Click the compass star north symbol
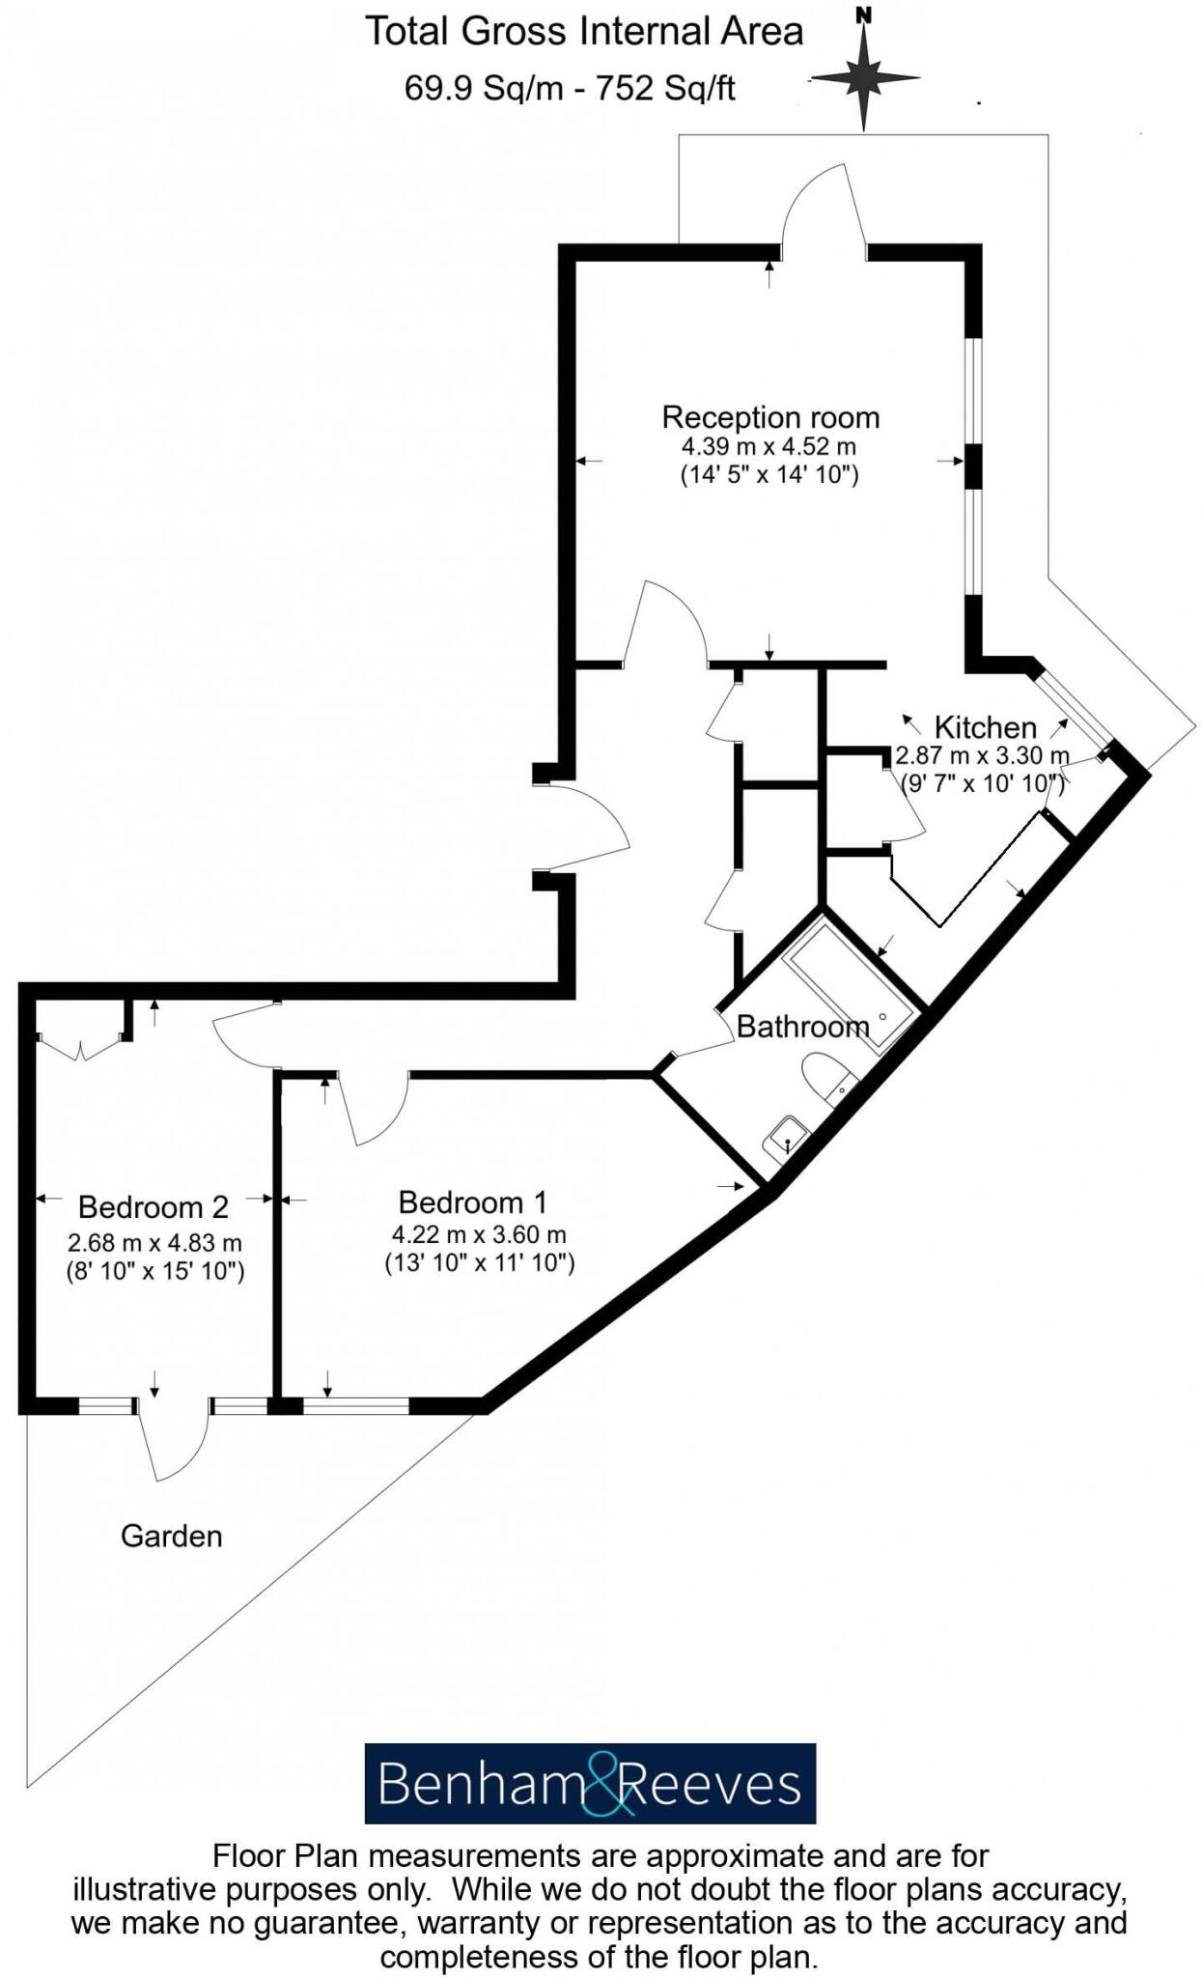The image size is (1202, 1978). click(863, 77)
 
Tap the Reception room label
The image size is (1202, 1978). click(769, 417)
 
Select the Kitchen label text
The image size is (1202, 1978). click(984, 727)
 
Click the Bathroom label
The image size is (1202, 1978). click(801, 1026)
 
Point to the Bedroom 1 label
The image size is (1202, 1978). click(472, 1202)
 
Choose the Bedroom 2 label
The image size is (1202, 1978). click(153, 1207)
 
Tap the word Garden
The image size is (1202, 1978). click(171, 1536)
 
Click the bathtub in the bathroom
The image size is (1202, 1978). click(850, 985)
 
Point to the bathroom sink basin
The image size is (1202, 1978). click(787, 1137)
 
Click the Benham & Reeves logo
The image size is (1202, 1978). click(589, 1784)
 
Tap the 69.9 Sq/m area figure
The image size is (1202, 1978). click(482, 89)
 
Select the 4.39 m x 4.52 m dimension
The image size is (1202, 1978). click(769, 447)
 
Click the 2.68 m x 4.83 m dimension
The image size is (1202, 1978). click(154, 1243)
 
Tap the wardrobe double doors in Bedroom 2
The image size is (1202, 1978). click(82, 1046)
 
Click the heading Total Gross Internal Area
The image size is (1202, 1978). click(583, 32)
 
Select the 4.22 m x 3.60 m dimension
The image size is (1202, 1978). click(479, 1234)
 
